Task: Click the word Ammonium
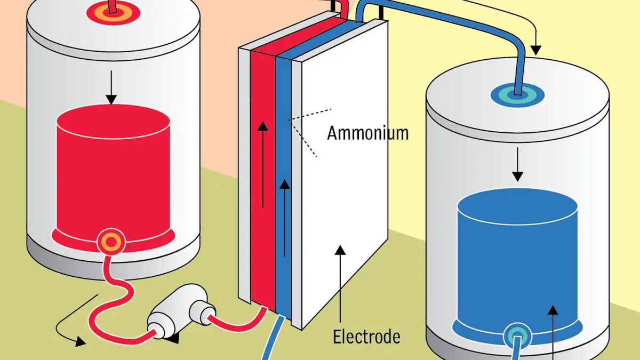[367, 132]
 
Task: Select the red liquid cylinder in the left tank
[113, 171]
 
